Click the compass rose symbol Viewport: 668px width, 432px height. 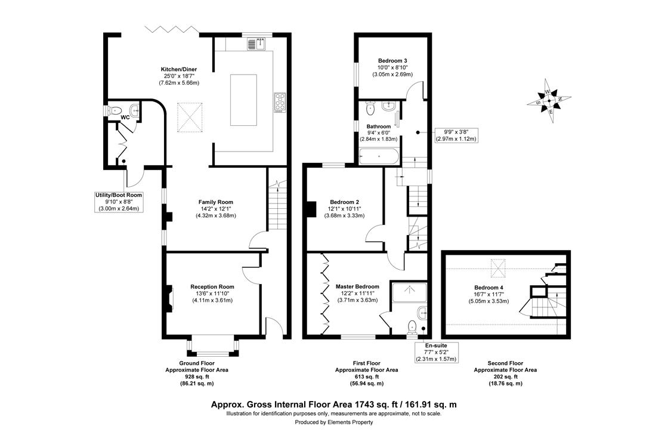pyautogui.click(x=549, y=101)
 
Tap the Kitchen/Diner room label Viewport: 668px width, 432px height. pyautogui.click(x=179, y=69)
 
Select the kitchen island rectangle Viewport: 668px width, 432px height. pyautogui.click(x=244, y=100)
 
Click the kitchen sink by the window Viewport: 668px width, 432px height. pyautogui.click(x=256, y=44)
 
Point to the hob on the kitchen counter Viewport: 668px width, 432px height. pyautogui.click(x=280, y=103)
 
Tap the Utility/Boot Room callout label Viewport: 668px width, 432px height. pyautogui.click(x=119, y=195)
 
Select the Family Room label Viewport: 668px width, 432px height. pyautogui.click(x=215, y=202)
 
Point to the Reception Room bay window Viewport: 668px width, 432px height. pyautogui.click(x=212, y=345)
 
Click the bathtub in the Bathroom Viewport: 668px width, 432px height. pyautogui.click(x=379, y=156)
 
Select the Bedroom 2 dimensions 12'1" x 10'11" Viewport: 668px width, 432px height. pyautogui.click(x=345, y=209)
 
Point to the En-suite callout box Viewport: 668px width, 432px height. pyautogui.click(x=436, y=352)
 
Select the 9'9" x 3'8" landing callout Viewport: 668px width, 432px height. pyautogui.click(x=456, y=135)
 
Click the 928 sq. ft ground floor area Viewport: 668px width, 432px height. pyautogui.click(x=196, y=377)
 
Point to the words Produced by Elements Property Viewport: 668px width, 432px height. pyautogui.click(x=333, y=422)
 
